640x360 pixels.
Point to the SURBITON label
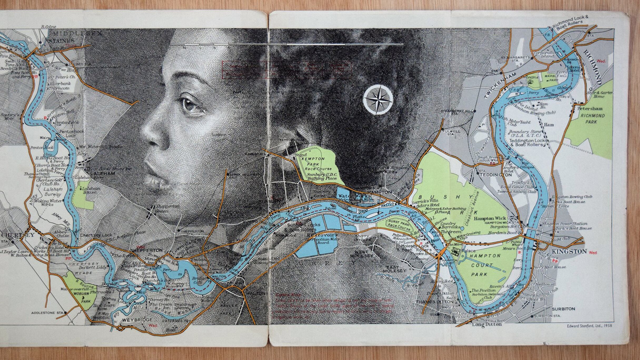[563, 309]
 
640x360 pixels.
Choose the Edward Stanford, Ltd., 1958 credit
[589, 326]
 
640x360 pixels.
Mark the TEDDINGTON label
[495, 175]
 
